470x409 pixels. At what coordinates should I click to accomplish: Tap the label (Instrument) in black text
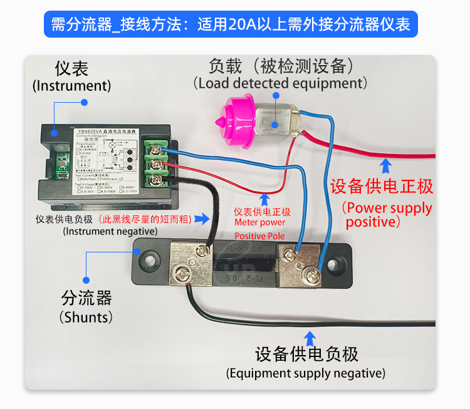71,86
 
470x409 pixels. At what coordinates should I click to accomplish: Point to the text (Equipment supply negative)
306,373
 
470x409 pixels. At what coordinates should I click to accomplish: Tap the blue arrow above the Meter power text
265,199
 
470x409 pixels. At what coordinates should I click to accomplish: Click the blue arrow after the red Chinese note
202,219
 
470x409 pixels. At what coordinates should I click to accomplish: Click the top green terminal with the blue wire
155,148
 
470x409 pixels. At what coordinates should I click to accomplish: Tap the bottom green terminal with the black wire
155,180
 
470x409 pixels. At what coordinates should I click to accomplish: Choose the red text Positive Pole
259,236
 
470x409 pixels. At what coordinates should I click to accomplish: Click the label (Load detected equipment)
280,83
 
